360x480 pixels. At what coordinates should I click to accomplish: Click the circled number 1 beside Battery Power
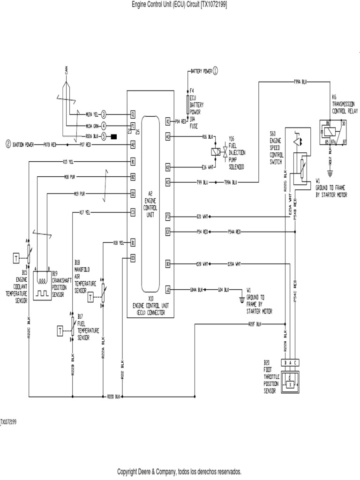(215, 71)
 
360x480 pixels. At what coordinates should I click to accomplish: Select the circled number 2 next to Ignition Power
(8, 145)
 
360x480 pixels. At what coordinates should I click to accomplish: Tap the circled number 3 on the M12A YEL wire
(104, 114)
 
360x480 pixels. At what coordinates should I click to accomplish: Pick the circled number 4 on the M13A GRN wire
(104, 126)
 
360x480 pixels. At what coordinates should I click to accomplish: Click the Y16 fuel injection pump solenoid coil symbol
(216, 152)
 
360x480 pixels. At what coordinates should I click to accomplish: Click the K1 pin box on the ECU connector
(167, 121)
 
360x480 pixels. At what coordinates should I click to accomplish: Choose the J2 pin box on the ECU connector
(167, 289)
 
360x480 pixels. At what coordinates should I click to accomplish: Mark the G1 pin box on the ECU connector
(133, 114)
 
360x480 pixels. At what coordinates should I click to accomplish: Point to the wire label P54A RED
(234, 232)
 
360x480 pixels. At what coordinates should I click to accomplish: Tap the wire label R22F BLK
(255, 323)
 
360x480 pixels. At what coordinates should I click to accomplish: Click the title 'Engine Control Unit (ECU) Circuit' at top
(180, 4)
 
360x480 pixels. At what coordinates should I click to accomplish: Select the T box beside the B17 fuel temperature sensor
(60, 331)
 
